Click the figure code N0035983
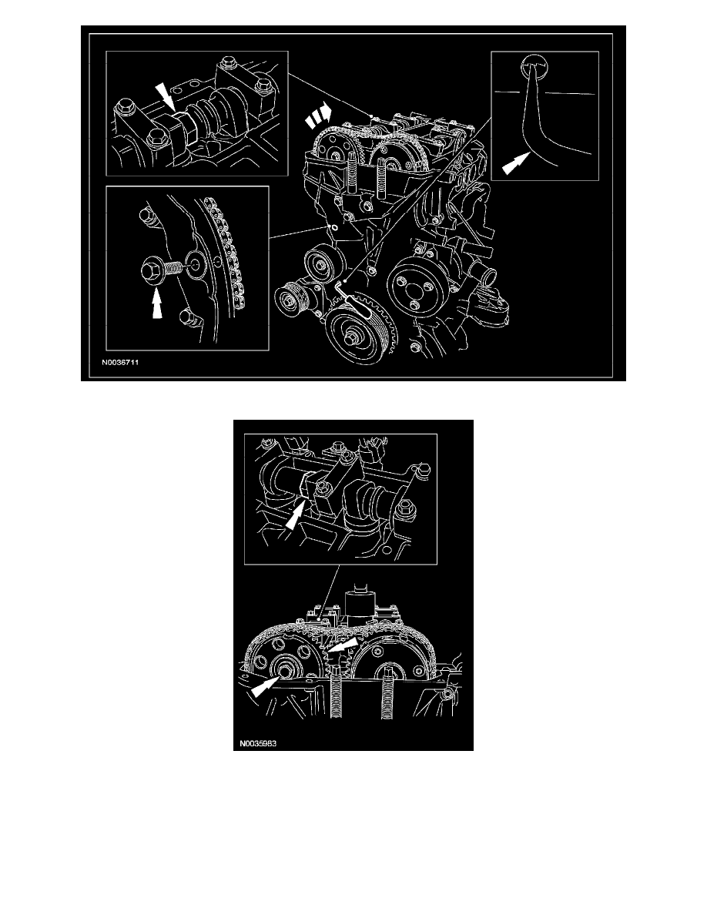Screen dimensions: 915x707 click(258, 745)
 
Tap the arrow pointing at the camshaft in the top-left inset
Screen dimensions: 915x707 click(166, 97)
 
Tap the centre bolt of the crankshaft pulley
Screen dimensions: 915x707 click(357, 337)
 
